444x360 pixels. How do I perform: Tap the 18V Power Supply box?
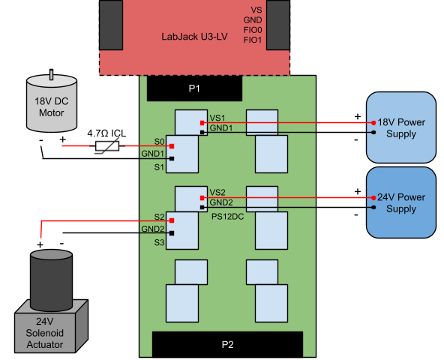[400, 127]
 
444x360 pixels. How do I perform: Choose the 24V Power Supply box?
[400, 202]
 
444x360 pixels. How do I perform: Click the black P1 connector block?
[194, 89]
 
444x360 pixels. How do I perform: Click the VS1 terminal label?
[217, 118]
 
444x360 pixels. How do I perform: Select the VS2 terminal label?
[217, 193]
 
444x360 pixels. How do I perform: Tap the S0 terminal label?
[159, 142]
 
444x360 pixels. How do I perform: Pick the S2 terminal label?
[159, 217]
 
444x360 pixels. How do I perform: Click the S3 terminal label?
[159, 242]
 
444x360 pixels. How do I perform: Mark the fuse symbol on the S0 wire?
[107, 146]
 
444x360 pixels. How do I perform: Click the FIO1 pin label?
[253, 40]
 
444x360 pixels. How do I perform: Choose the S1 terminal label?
[159, 167]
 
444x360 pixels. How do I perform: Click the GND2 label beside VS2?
[220, 203]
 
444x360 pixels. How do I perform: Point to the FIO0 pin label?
[253, 30]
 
